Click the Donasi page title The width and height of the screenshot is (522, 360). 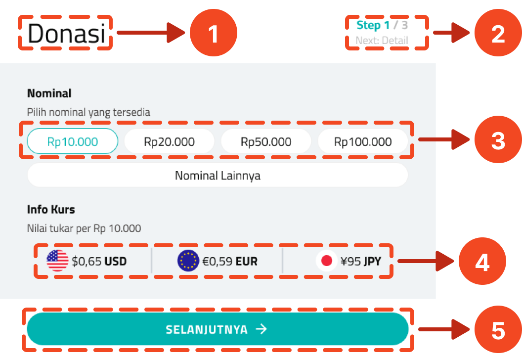66,34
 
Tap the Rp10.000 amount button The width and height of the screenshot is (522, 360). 73,142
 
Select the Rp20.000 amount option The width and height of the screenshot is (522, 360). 169,142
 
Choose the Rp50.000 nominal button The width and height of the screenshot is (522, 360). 266,142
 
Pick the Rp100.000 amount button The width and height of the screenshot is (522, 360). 363,142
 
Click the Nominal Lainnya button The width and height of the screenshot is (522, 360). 217,176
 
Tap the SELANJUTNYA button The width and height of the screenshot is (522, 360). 217,329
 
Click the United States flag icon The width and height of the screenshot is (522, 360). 57,261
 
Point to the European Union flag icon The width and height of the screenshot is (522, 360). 188,261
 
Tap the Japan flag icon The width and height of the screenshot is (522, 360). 327,261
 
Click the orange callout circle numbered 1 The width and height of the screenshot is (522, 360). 214,34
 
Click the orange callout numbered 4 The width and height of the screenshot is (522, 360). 482,262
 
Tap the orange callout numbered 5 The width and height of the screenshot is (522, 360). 497,330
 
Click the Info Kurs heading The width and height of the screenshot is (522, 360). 51,210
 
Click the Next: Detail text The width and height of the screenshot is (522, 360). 382,41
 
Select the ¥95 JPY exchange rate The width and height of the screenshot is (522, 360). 361,261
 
